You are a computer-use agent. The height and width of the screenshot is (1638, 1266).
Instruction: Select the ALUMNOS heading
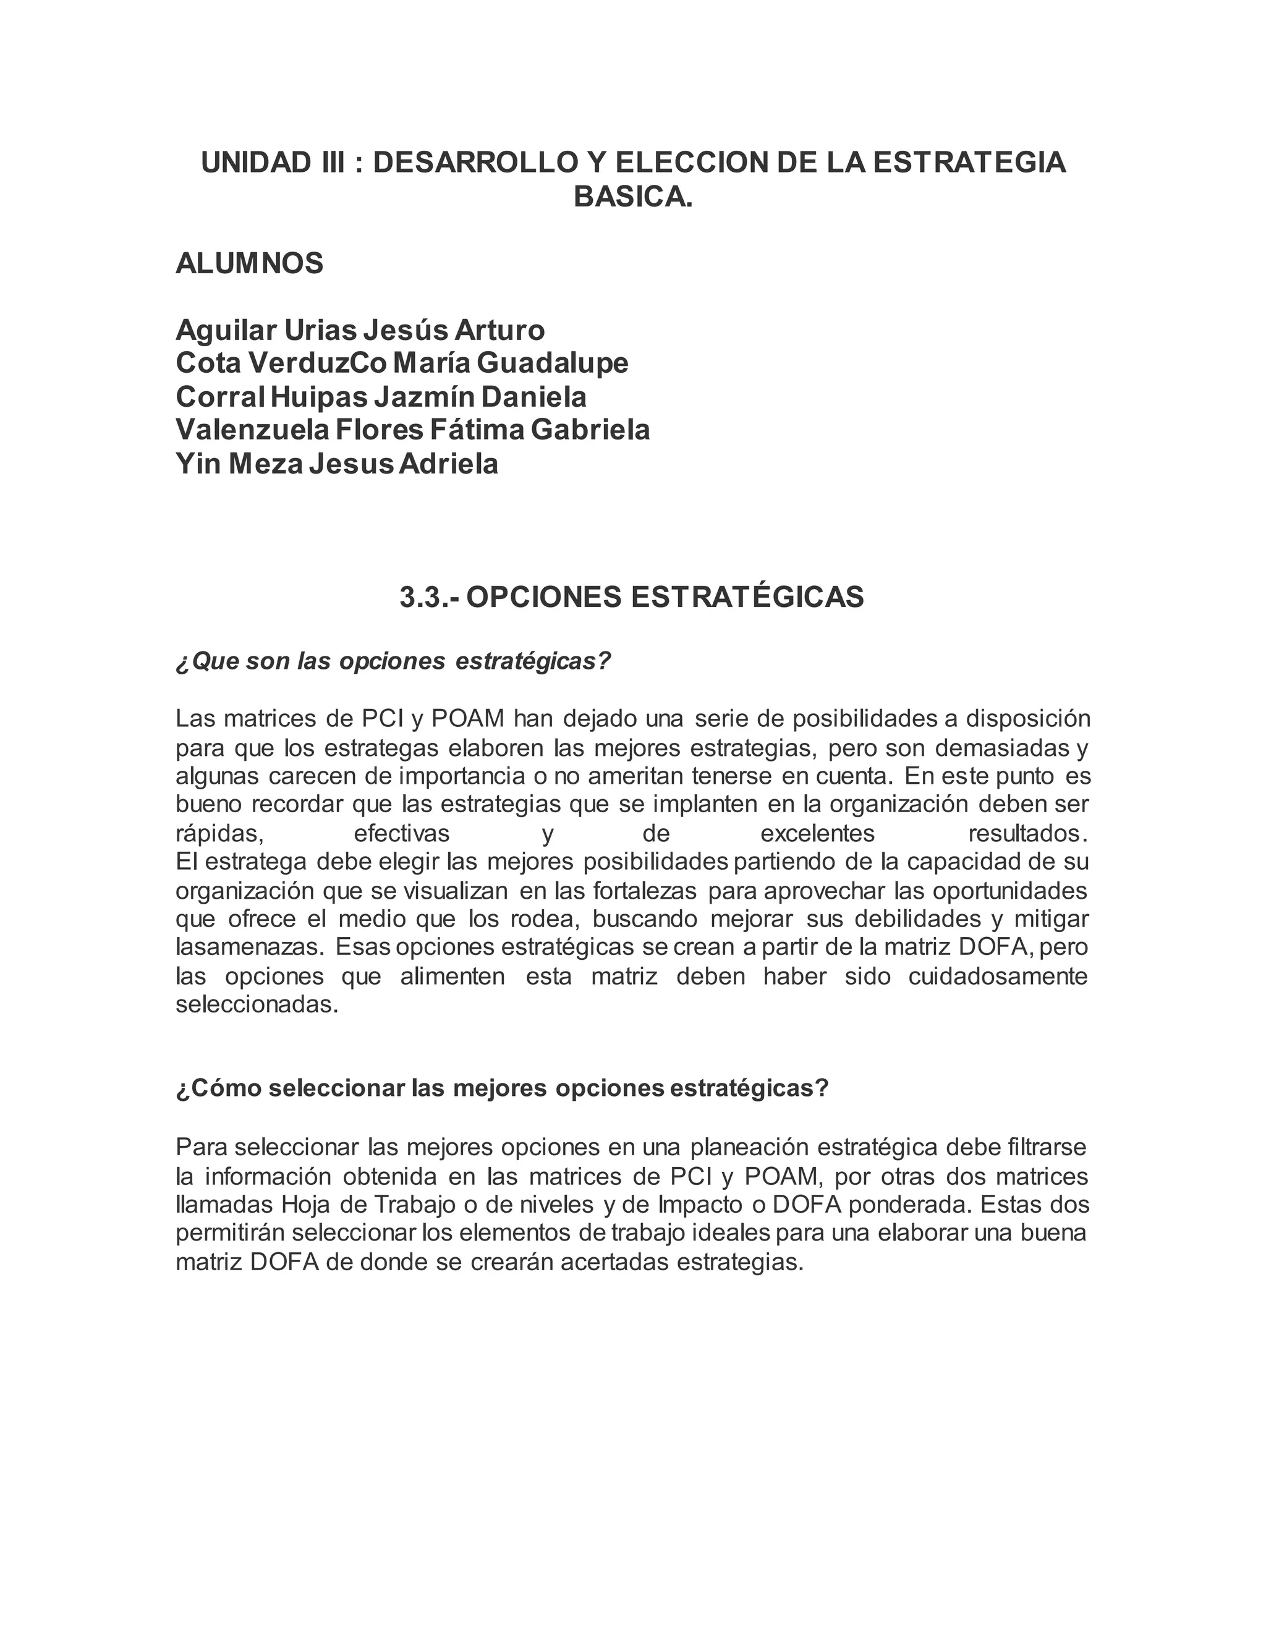(x=250, y=263)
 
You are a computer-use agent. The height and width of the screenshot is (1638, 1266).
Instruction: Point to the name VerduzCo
(x=318, y=363)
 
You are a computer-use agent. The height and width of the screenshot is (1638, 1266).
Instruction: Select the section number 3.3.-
(x=431, y=597)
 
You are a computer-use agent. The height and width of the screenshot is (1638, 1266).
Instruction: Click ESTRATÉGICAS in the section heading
(x=747, y=597)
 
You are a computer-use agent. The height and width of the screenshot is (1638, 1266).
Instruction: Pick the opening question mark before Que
(x=183, y=662)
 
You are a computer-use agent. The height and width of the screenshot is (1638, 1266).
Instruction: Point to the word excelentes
(x=817, y=833)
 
